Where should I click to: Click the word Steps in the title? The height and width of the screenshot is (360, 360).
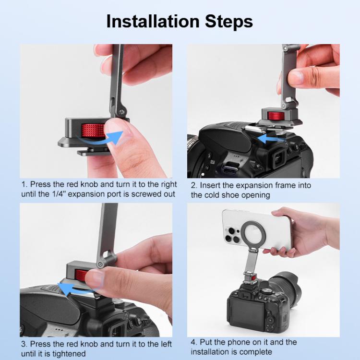pos(228,22)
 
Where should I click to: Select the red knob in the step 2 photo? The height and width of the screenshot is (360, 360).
pos(275,116)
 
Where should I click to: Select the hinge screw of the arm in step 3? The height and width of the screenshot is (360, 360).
pos(100,264)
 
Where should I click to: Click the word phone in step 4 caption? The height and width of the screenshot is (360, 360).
pos(228,342)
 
